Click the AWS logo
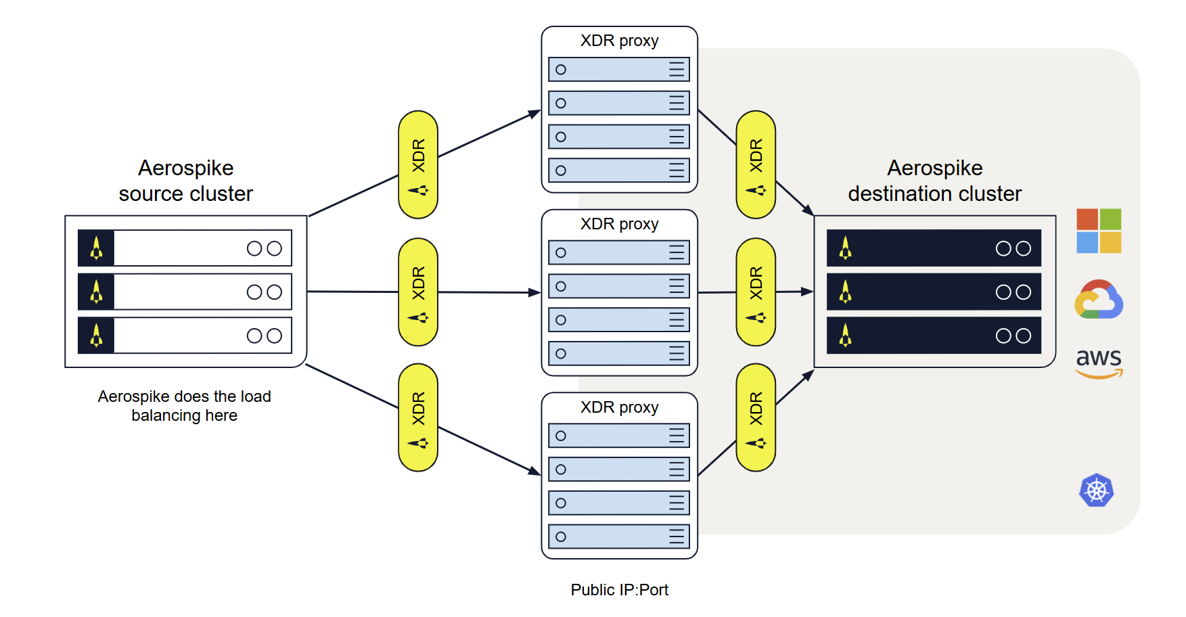pyautogui.click(x=1099, y=362)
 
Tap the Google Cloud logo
pyautogui.click(x=1099, y=300)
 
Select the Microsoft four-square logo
pyautogui.click(x=1099, y=231)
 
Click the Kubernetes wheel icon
pyautogui.click(x=1096, y=490)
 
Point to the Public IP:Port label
pyautogui.click(x=619, y=590)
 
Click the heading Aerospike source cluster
pyautogui.click(x=185, y=181)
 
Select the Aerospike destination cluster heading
pyautogui.click(x=934, y=181)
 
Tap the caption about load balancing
pyautogui.click(x=184, y=406)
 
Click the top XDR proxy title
pyautogui.click(x=619, y=41)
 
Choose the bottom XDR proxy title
pyautogui.click(x=619, y=407)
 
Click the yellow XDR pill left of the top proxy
pyautogui.click(x=418, y=164)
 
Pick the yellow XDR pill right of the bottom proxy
pyautogui.click(x=756, y=417)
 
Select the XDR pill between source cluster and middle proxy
pyautogui.click(x=418, y=292)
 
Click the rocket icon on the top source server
pyautogui.click(x=96, y=248)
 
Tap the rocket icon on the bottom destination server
pyautogui.click(x=845, y=336)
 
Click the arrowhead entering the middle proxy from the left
pyautogui.click(x=535, y=292)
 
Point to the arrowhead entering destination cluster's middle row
pyautogui.click(x=807, y=292)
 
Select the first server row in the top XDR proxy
pyautogui.click(x=618, y=70)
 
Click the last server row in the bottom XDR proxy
pyautogui.click(x=618, y=536)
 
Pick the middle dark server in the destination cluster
pyautogui.click(x=934, y=292)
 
